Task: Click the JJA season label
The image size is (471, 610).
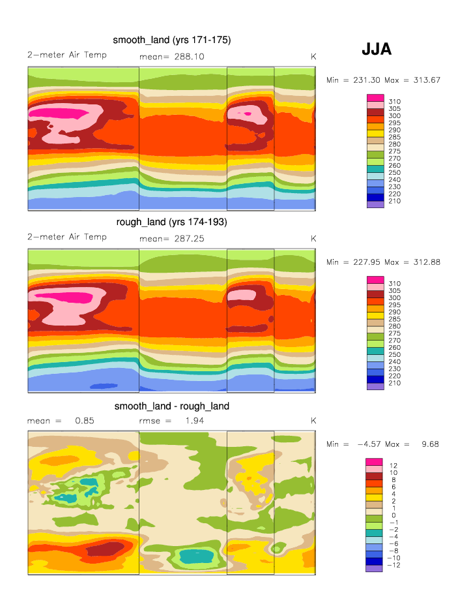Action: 376,49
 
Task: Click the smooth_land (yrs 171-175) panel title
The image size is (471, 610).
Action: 171,40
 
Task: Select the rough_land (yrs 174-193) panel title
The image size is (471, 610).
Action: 171,222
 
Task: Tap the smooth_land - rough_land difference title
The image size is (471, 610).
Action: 171,406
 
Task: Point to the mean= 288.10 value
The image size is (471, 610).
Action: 172,57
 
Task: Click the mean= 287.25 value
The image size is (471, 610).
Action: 172,239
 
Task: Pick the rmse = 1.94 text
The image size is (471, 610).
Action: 168,421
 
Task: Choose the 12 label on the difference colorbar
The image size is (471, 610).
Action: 393,465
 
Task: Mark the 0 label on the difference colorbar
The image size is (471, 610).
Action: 392,515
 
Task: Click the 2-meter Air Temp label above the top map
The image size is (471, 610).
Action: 67,55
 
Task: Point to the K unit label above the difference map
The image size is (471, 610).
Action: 313,421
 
